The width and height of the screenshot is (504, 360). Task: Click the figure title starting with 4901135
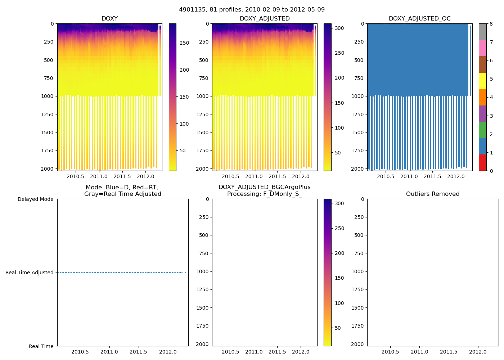point(252,10)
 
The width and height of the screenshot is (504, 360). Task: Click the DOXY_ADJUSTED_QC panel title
point(419,18)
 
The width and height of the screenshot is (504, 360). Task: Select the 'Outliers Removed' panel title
point(433,194)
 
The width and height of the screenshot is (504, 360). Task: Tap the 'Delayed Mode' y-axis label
point(35,199)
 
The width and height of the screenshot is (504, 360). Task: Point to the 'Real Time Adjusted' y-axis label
point(29,273)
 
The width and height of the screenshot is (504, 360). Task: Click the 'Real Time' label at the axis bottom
point(41,346)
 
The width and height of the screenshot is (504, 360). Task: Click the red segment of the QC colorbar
point(482,163)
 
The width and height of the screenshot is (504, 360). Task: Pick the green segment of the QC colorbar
point(482,130)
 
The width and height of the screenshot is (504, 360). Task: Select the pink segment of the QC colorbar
point(482,48)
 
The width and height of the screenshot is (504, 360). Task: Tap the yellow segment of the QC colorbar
point(482,81)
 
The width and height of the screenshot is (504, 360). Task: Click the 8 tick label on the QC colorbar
point(491,24)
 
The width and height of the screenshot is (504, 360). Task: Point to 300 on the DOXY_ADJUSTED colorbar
point(339,28)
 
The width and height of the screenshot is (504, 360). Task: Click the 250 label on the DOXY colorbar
point(184,43)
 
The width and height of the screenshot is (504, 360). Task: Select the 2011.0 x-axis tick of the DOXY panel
point(99,176)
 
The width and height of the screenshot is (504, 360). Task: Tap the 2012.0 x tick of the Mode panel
point(168,352)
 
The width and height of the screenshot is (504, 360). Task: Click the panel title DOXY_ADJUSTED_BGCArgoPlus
point(264,187)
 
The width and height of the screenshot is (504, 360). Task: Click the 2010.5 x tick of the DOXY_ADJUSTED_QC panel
point(386,176)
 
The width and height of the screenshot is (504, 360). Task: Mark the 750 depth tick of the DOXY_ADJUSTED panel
point(204,78)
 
